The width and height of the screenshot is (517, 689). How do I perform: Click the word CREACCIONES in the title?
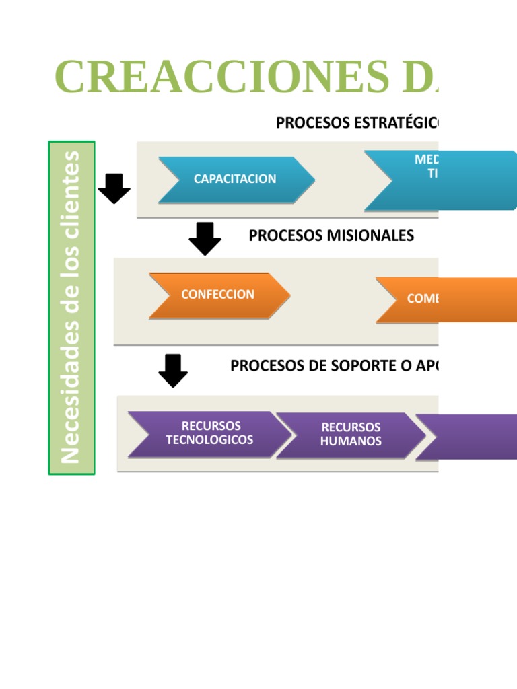(x=221, y=77)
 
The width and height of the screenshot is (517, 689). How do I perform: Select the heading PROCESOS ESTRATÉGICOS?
(x=357, y=122)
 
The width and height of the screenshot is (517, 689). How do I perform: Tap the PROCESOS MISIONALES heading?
(x=331, y=235)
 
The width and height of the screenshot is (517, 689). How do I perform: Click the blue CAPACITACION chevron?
(x=236, y=179)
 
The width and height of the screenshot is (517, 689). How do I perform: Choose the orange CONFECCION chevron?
(x=218, y=295)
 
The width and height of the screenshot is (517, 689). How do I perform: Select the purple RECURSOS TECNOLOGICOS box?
(x=209, y=433)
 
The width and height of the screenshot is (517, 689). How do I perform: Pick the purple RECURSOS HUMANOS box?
(x=350, y=435)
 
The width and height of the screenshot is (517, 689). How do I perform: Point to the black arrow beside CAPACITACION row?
(x=114, y=188)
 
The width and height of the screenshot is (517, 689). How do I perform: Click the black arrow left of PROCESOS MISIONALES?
(x=205, y=238)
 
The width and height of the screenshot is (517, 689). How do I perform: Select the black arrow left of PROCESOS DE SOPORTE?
(x=173, y=370)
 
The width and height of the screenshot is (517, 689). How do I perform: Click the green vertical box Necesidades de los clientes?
(x=71, y=307)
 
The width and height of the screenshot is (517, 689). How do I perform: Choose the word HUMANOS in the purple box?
(x=350, y=441)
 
